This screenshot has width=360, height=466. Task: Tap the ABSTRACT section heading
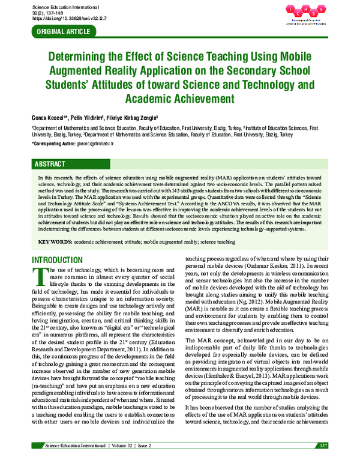click(50, 165)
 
